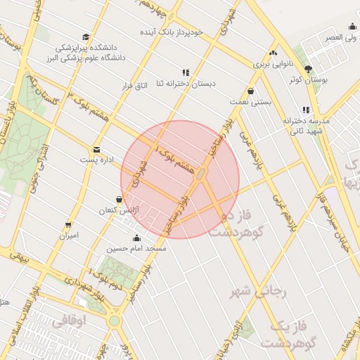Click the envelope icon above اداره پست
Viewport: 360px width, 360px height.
pos(96,149)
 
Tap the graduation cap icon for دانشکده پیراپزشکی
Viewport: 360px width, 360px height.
pos(86,37)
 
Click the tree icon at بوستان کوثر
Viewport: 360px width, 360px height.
pos(308,68)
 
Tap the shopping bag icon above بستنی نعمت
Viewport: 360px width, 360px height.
pos(251,91)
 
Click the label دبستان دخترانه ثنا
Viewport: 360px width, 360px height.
pos(185,84)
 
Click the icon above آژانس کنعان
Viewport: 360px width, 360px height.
pos(119,199)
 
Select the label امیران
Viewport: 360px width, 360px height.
pos(68,236)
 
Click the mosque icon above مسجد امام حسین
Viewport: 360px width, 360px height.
pos(136,238)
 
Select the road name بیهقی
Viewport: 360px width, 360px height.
pos(17,258)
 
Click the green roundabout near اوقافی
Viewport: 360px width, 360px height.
pos(114,321)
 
